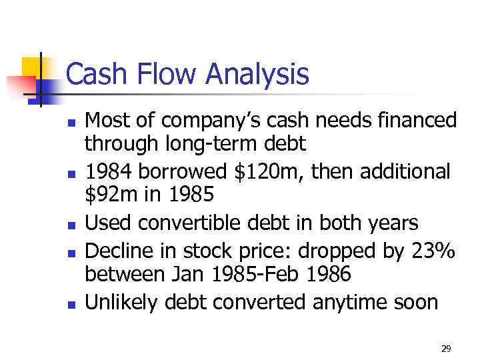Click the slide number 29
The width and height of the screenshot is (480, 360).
coord(446,349)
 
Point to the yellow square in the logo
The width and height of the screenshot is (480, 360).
coord(31,66)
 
